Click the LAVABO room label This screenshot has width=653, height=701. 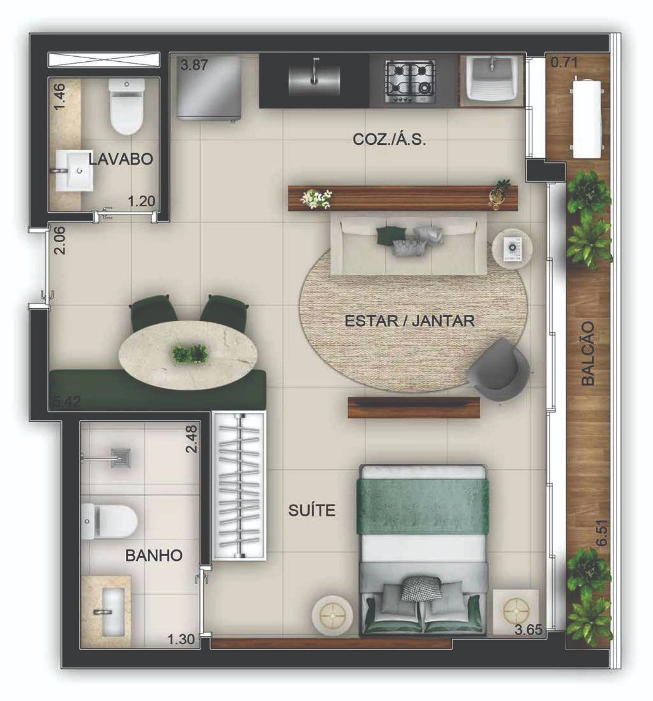tap(121, 159)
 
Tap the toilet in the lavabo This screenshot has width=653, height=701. tap(126, 107)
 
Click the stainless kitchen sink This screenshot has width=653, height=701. tap(314, 80)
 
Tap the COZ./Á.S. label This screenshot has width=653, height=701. tap(389, 140)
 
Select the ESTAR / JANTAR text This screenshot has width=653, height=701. tap(409, 321)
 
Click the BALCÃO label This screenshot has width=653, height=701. tap(588, 353)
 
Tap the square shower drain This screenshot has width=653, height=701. tap(121, 459)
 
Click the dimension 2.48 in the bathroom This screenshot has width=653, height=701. tap(191, 439)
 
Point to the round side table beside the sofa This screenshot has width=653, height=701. tap(512, 247)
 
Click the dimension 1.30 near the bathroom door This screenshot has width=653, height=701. tap(181, 639)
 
